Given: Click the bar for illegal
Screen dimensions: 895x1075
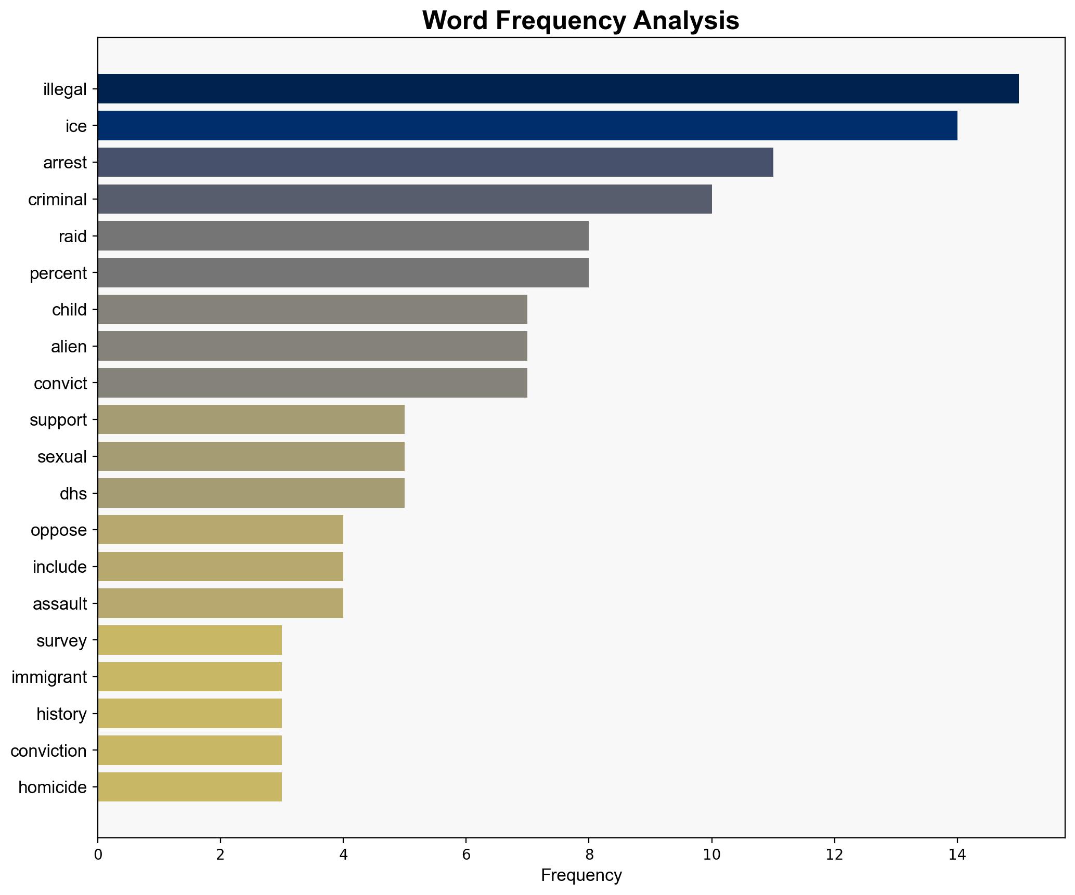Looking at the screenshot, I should click(558, 89).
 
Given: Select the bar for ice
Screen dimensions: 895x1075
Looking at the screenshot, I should click(527, 126).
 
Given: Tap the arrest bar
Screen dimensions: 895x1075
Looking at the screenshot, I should click(435, 163).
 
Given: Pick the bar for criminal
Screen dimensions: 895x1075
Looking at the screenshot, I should click(404, 199).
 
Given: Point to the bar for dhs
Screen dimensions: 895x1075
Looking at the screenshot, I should click(251, 493).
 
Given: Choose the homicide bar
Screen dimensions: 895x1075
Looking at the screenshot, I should click(189, 787).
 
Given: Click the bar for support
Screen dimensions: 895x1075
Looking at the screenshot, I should click(251, 420).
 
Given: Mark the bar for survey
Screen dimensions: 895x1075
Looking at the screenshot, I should click(189, 640).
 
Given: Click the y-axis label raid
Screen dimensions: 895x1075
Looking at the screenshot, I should click(72, 236).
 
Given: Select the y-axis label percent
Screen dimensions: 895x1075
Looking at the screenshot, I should click(58, 273).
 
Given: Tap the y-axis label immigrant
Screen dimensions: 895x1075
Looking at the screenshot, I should click(49, 677).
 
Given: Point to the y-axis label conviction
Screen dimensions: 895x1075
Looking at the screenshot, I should click(48, 751).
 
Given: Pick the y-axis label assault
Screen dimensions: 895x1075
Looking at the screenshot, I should click(60, 604).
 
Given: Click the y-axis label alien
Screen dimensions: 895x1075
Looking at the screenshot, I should click(69, 347).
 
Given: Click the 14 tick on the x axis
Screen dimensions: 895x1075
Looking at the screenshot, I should click(957, 854).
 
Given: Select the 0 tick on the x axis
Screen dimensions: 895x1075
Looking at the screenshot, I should click(98, 854).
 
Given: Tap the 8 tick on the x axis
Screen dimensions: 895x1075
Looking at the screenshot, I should click(589, 854).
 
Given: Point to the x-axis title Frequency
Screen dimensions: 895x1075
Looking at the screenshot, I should click(581, 876).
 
